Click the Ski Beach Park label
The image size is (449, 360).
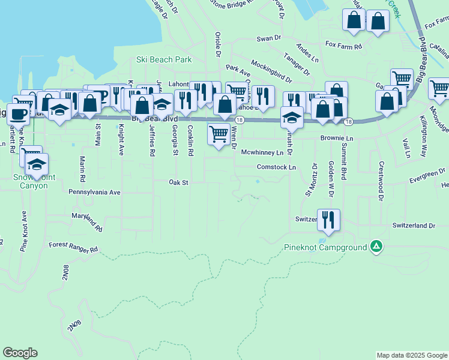coord(164,59)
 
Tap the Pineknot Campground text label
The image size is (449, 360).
coord(325,247)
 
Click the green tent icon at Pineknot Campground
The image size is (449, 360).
coord(376,246)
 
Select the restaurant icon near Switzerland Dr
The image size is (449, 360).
coord(328,220)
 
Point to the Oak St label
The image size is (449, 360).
coord(179,182)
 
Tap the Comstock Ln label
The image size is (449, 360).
coord(277,167)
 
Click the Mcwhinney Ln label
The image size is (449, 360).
coord(262,152)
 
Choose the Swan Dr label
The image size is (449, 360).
coord(269,38)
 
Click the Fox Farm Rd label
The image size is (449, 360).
coord(344,46)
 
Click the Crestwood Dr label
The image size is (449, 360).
coord(380,178)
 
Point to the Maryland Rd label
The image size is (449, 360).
coord(86,222)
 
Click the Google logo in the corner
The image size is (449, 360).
coord(20,353)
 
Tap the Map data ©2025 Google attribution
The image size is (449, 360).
coord(411,355)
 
